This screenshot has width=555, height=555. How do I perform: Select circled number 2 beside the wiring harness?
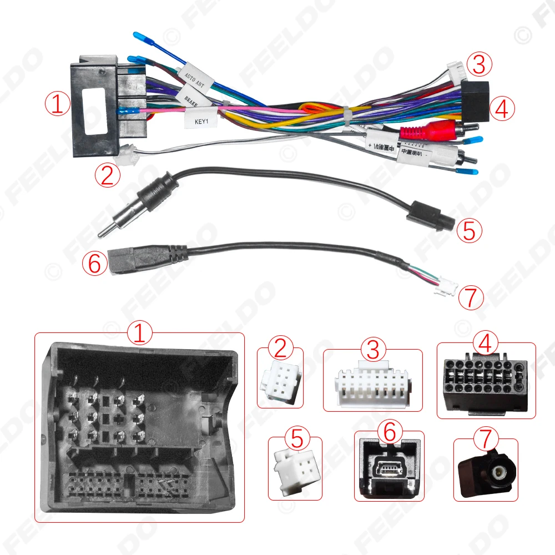tap(107, 175)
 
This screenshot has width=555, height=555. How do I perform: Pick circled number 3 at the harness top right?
tap(479, 65)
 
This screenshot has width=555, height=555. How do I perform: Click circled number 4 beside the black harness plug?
tap(502, 109)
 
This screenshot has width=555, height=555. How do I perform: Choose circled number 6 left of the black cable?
tap(94, 263)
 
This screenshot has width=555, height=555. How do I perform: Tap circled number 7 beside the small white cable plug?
tap(470, 298)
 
